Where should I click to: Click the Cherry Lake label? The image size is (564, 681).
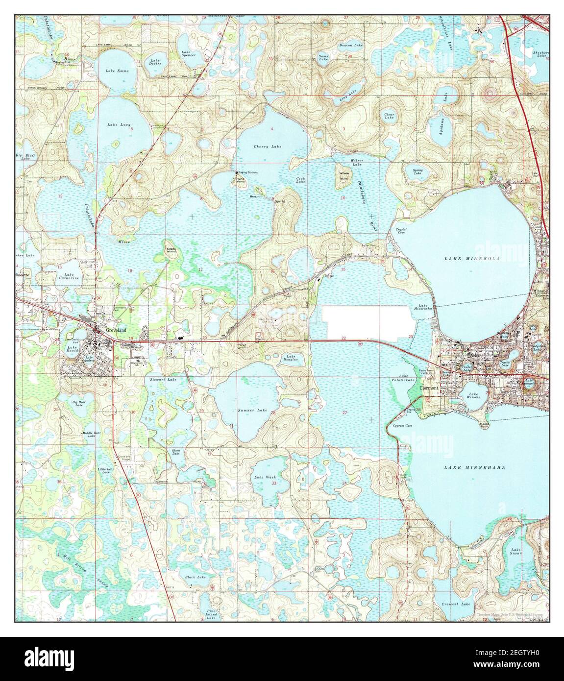[268, 146]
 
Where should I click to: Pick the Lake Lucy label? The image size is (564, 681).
[119, 125]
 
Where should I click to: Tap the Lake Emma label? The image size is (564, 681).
[117, 71]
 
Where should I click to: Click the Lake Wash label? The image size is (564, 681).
[265, 477]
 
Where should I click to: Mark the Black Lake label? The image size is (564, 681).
[195, 578]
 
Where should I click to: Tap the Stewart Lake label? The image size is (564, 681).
[164, 380]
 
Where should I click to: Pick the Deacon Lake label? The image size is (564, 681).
[351, 45]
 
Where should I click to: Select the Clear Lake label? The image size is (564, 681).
[389, 116]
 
